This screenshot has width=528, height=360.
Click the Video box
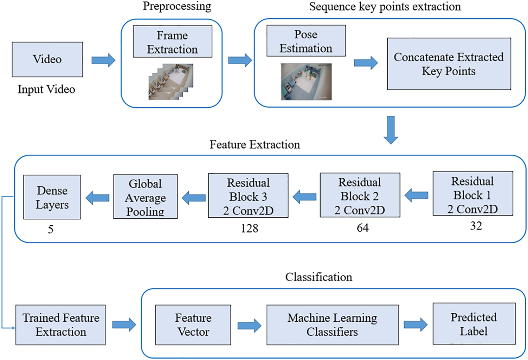pyautogui.click(x=47, y=59)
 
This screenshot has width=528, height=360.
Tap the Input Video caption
pyautogui.click(x=46, y=89)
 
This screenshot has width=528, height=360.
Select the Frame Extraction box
pyautogui.click(x=173, y=41)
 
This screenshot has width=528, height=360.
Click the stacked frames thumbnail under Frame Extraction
pyautogui.click(x=171, y=82)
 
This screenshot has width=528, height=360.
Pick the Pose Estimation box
pyautogui.click(x=306, y=41)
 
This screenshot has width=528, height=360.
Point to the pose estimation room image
pyautogui.click(x=306, y=82)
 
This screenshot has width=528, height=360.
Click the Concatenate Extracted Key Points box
pyautogui.click(x=449, y=64)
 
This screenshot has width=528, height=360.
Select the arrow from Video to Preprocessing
pyautogui.click(x=103, y=60)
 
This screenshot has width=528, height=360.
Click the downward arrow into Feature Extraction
pyautogui.click(x=391, y=130)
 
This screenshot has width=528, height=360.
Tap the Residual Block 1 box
pyautogui.click(x=473, y=194)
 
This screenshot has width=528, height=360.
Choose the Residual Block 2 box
pyautogui.click(x=360, y=195)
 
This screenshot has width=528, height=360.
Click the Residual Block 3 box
pyautogui.click(x=248, y=195)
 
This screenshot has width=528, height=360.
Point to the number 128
pyautogui.click(x=249, y=229)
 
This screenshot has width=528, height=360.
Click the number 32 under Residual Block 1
pyautogui.click(x=476, y=226)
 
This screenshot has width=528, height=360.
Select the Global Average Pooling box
pyautogui.click(x=146, y=197)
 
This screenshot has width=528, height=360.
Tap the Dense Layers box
pyautogui.click(x=52, y=197)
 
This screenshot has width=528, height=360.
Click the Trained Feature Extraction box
pyautogui.click(x=60, y=325)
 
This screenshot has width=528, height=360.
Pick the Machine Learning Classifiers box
pyautogui.click(x=333, y=325)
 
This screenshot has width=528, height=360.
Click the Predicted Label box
pyautogui.click(x=474, y=324)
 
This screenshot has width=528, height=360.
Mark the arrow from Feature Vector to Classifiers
pyautogui.click(x=249, y=326)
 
